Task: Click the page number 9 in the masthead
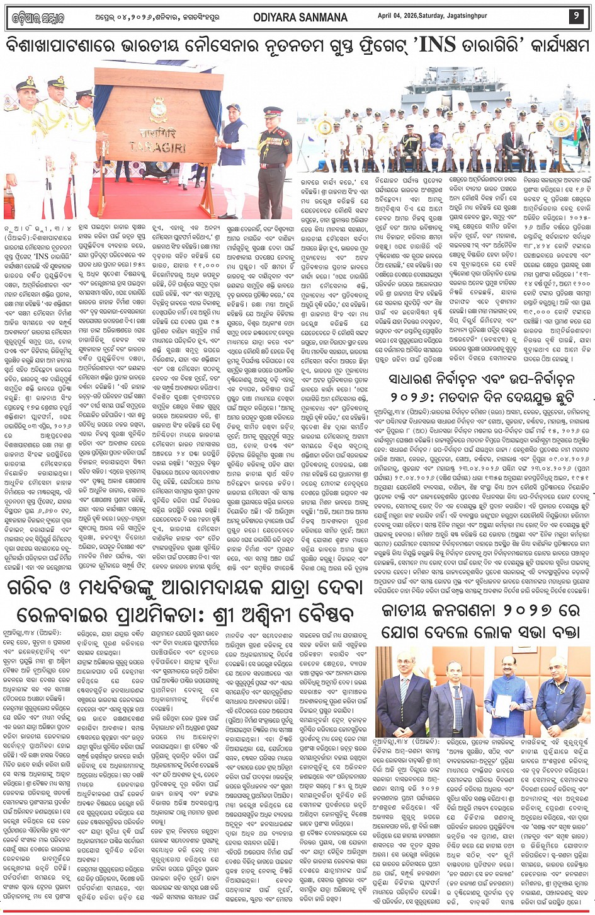(x=576, y=16)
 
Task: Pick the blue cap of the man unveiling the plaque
(x=234, y=108)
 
